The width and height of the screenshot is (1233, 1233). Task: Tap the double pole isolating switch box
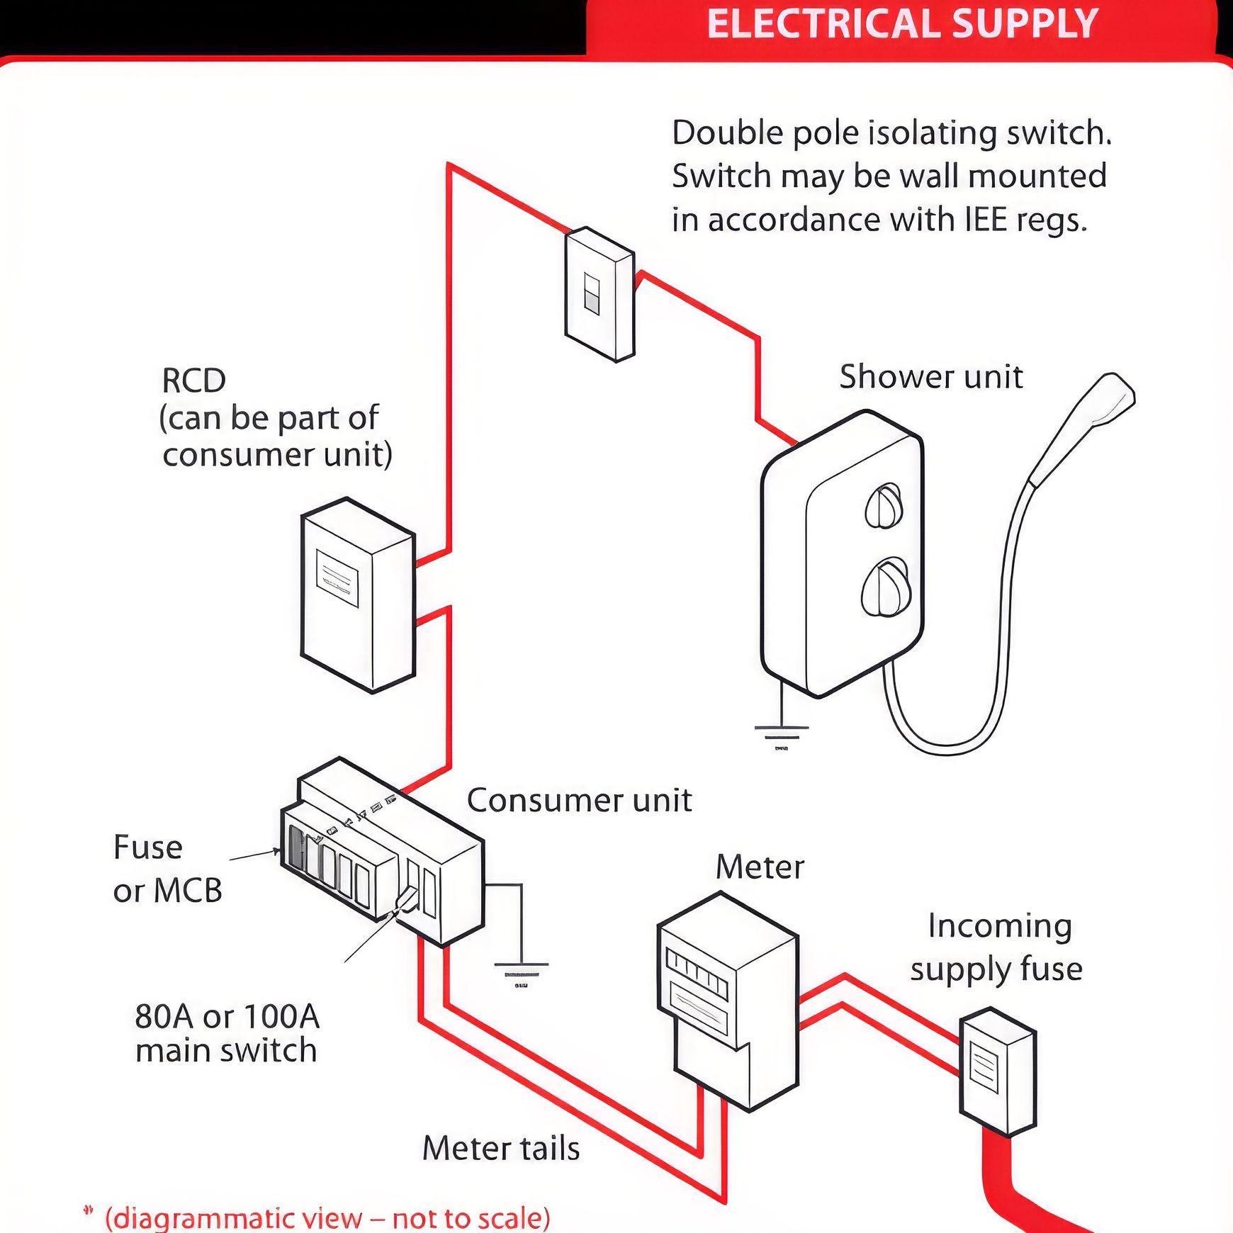(599, 294)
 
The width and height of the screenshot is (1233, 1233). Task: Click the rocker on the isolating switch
(591, 293)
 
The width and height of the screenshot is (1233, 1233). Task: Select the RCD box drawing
(358, 595)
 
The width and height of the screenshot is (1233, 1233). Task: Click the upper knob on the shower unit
(884, 505)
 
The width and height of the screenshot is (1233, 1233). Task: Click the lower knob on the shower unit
(884, 586)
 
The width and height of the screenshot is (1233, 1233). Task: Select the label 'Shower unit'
(931, 376)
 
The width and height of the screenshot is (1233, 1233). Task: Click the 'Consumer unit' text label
(579, 800)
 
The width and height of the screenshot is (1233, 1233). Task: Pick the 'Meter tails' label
(501, 1148)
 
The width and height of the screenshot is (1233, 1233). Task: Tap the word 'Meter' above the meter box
(760, 867)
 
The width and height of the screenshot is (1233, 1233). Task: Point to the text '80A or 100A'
(227, 1017)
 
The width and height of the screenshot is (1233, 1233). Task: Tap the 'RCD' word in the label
(193, 381)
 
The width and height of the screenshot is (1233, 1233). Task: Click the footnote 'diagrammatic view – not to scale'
(327, 1218)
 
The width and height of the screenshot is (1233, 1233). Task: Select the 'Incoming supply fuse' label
(996, 947)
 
